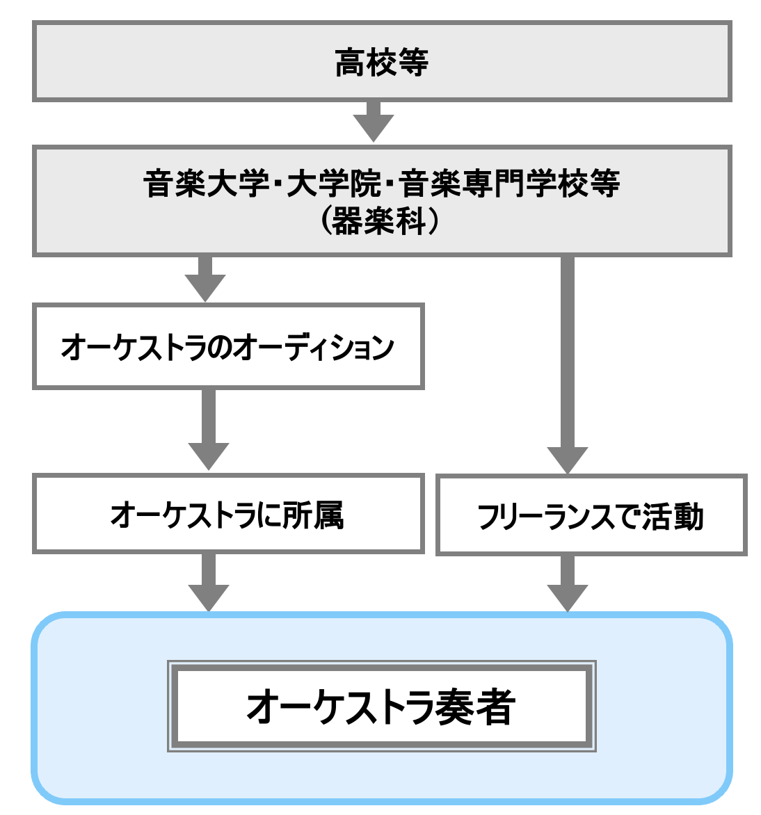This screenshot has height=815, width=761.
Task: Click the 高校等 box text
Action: coord(381,63)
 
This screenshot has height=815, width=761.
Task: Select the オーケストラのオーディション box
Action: coord(228,346)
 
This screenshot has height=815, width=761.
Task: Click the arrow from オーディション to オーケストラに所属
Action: coord(208,430)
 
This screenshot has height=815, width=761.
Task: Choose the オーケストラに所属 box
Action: coord(228,514)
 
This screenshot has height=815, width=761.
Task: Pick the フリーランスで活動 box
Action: coord(591,515)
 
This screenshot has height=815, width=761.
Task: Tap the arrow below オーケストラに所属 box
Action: coord(208,583)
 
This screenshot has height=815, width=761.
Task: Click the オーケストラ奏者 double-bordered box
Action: coord(381,706)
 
